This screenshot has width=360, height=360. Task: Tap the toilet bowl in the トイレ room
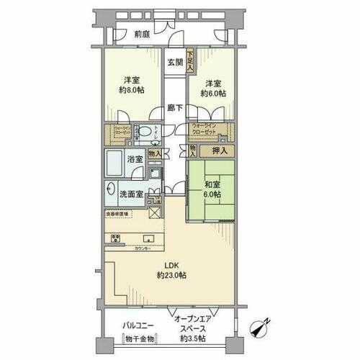click(146, 132)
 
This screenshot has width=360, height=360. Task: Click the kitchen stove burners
click(114, 238)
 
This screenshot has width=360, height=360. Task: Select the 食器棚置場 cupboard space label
click(117, 214)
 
